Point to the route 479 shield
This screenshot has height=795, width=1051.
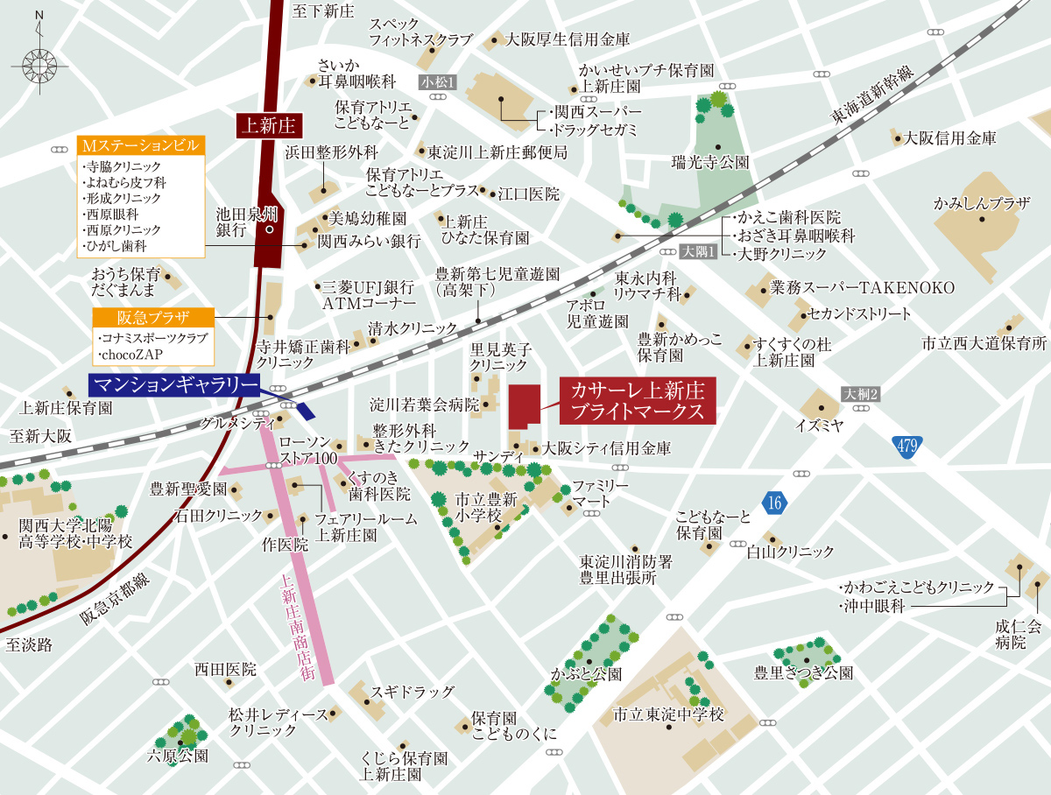tap(908, 447)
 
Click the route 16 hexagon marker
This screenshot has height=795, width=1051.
tap(773, 503)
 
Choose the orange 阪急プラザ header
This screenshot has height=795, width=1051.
tap(153, 317)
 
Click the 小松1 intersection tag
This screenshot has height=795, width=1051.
tap(440, 81)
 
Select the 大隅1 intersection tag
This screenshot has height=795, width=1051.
tap(700, 251)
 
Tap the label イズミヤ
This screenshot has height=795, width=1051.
tap(818, 426)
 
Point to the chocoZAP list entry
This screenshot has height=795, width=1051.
tap(131, 353)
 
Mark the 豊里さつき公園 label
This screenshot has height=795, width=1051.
tap(803, 672)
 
